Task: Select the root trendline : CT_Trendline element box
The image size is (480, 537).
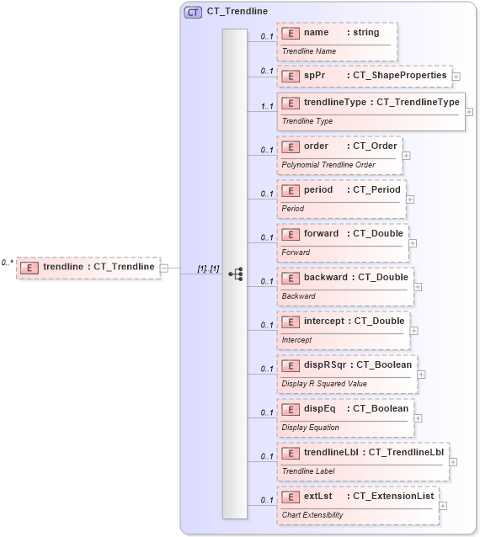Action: coord(88,267)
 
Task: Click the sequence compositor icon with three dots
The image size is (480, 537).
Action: coord(236,274)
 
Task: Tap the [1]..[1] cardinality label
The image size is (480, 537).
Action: coord(208,268)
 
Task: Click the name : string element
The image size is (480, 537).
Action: coord(337,33)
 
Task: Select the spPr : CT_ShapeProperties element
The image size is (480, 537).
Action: coord(365,75)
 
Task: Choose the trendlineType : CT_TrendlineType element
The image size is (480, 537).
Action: coord(371,103)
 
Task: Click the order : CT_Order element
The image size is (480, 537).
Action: coord(339,146)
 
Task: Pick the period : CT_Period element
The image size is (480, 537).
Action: coord(341,190)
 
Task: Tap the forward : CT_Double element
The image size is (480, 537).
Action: coord(343,234)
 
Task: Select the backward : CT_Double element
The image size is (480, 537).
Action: coord(345,278)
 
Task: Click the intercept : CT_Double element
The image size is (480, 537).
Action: coord(343,322)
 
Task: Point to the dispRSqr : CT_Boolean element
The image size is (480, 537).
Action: coord(347,365)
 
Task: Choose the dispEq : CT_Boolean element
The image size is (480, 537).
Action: coord(345,409)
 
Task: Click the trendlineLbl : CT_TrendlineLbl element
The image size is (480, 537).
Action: coord(363,453)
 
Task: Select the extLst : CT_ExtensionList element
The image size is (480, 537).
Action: coord(358,497)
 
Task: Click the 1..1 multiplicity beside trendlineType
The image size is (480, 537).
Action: coord(267,106)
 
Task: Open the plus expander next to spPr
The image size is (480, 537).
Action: coord(456,76)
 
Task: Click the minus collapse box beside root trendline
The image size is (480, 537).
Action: coord(164,268)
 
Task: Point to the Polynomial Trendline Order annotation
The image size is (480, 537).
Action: coord(328,164)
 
